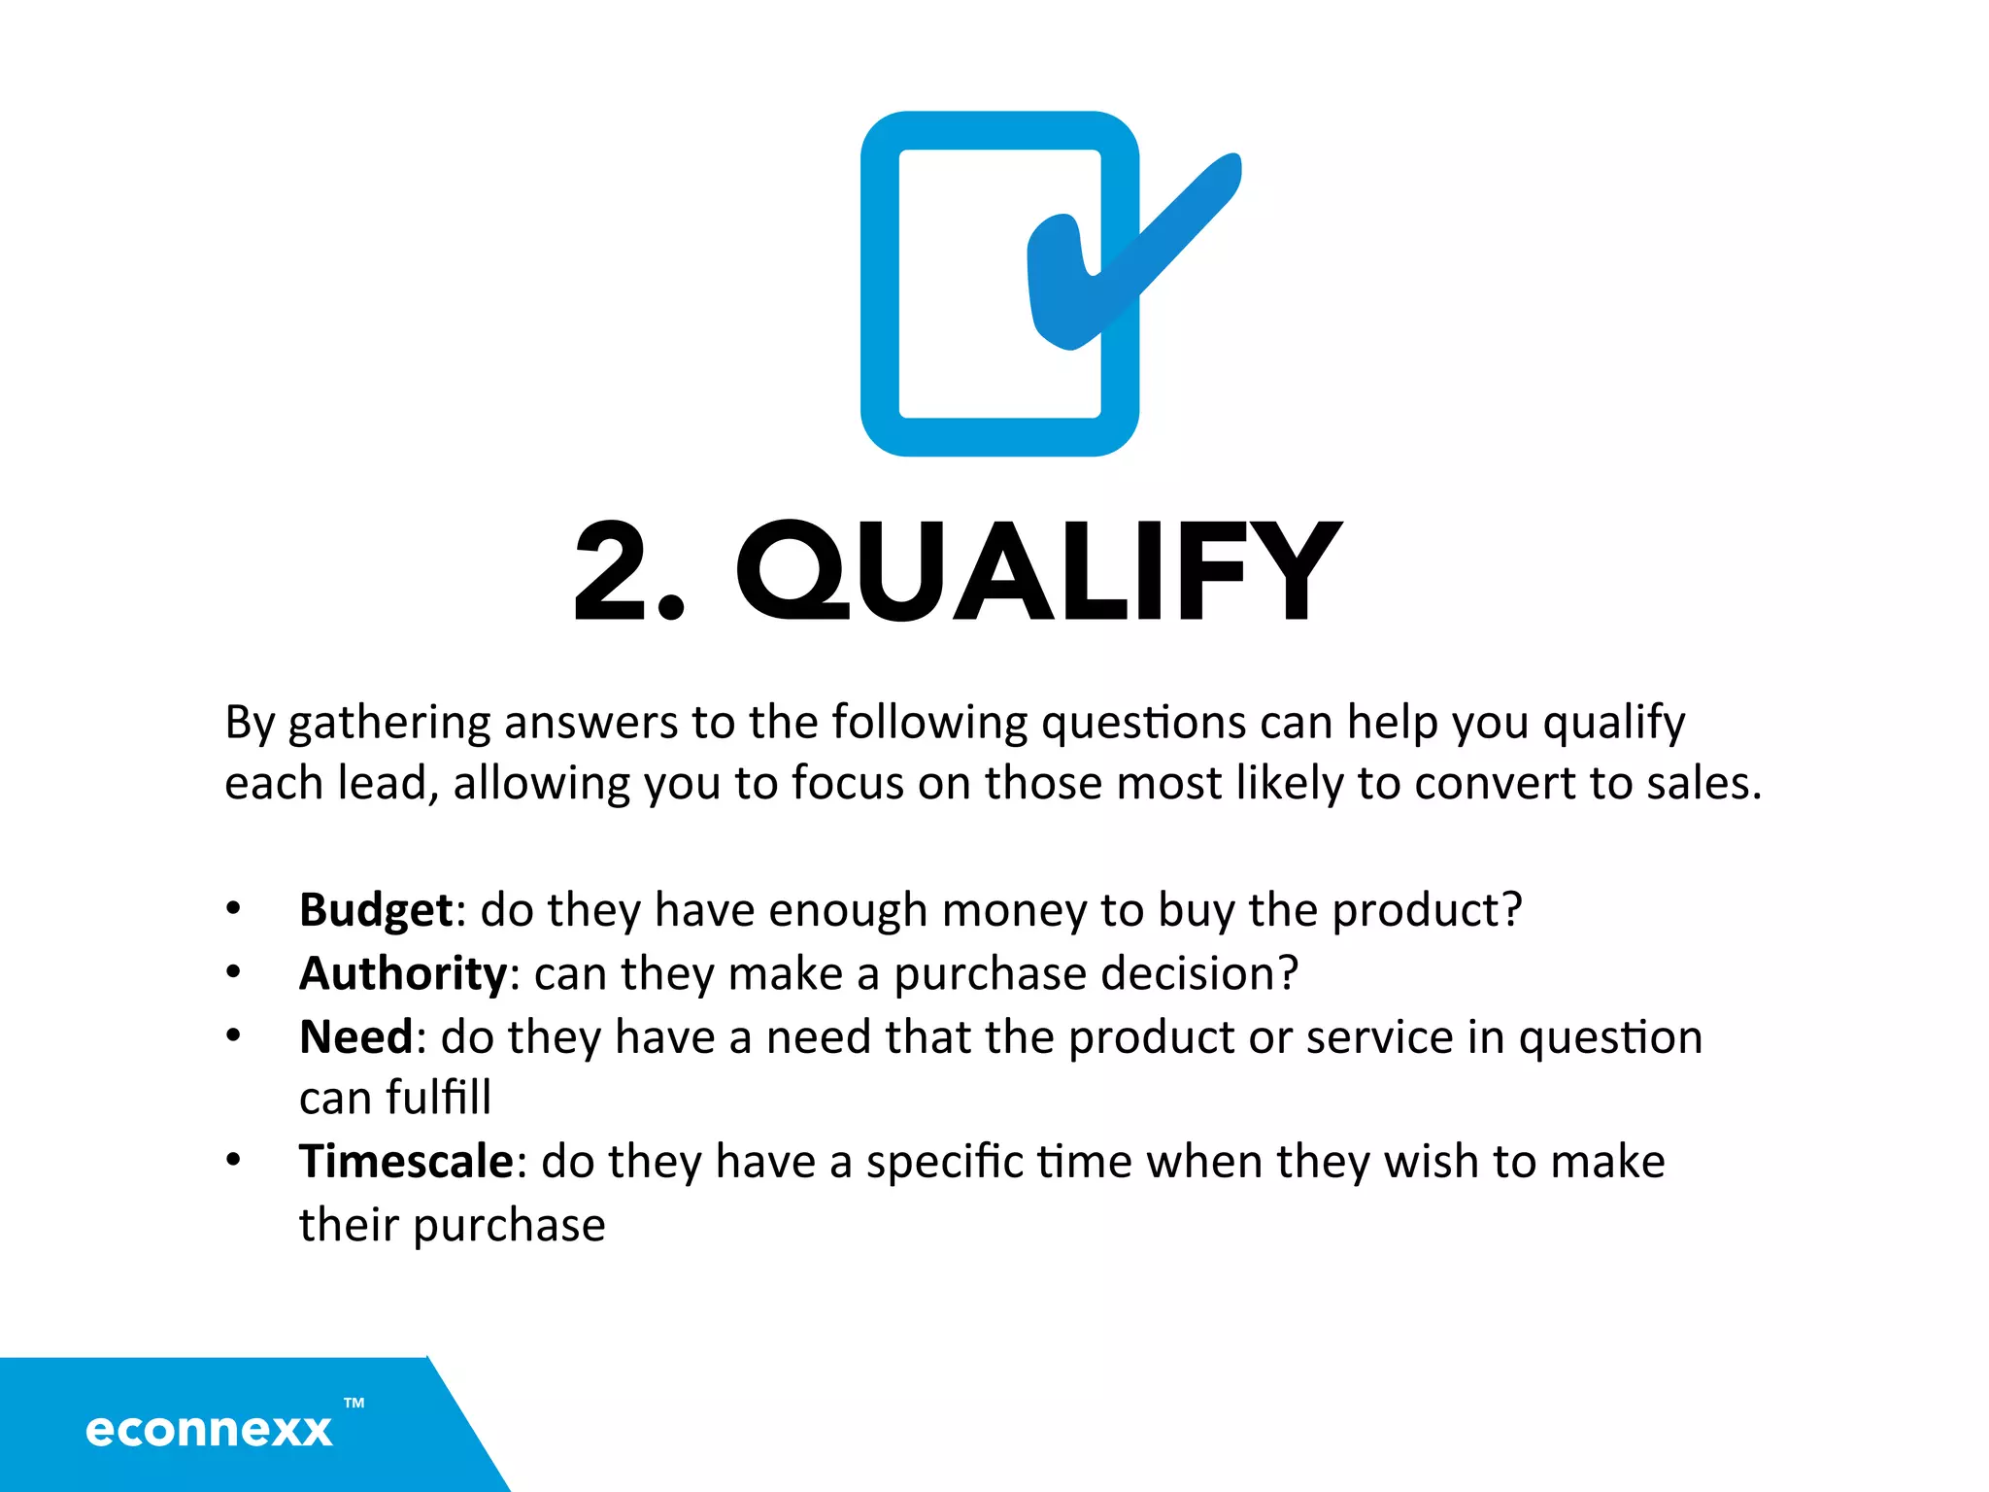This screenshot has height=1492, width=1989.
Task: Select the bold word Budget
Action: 375,911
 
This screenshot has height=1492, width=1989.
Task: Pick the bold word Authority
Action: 403,974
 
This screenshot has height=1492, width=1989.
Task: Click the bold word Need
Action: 356,1037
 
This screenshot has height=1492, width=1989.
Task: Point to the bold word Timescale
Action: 406,1162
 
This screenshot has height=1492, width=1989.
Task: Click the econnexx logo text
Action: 209,1430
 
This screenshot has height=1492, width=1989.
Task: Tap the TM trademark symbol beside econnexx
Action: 354,1403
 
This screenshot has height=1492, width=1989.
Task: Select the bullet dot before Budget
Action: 233,909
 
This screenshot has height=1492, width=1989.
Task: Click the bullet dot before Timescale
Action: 233,1160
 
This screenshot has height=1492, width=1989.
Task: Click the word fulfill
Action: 438,1099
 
